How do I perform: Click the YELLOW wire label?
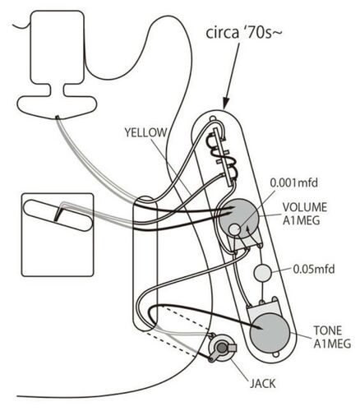[x=145, y=132]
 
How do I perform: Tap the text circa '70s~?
[x=244, y=33]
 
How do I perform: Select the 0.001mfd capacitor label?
[x=294, y=182]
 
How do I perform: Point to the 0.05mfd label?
[x=314, y=269]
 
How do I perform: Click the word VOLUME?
[x=305, y=207]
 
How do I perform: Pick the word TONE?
[x=328, y=330]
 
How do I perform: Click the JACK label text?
[x=262, y=384]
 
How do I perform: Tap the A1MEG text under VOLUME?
[x=301, y=220]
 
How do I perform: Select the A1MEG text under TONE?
[x=332, y=344]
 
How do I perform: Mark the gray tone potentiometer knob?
[x=270, y=334]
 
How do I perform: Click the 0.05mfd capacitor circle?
[x=263, y=273]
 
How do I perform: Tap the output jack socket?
[x=222, y=348]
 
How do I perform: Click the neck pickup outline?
[x=57, y=65]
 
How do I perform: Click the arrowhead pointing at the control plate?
[x=226, y=104]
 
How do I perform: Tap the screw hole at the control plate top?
[x=212, y=118]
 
